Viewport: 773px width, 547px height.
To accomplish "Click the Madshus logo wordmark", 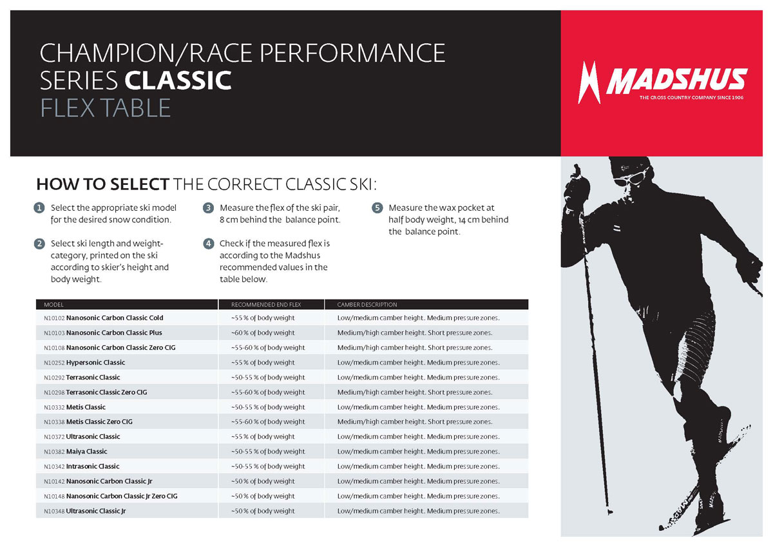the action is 677,81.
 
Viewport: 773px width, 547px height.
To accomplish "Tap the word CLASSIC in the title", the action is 178,80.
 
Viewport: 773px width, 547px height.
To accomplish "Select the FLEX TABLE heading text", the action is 106,108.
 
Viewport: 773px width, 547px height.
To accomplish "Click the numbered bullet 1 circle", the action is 39,207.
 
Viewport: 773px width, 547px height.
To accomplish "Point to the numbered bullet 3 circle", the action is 208,207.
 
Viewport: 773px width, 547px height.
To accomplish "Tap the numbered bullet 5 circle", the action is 377,207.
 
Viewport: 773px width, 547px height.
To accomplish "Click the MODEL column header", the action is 54,305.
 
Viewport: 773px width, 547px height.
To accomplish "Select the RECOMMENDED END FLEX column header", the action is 266,305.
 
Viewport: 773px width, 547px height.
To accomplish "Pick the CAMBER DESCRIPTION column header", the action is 367,305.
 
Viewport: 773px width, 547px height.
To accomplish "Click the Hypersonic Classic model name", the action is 95,363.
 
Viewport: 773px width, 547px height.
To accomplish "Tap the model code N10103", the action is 54,333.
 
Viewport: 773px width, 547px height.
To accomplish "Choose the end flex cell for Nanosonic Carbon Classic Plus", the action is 263,333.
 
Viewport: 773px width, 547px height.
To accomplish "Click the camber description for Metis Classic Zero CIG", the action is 415,422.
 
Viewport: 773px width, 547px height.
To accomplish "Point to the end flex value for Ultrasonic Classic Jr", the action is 263,511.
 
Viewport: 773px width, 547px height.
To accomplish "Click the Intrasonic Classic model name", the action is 93,466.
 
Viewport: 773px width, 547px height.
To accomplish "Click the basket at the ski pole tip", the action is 610,512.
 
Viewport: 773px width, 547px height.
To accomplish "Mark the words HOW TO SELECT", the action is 103,184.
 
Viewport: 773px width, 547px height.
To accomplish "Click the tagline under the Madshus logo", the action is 691,98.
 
